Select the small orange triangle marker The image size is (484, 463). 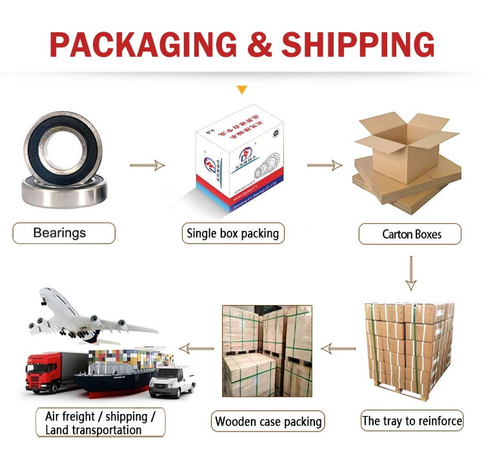coord(241,90)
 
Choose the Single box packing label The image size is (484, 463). coord(232,233)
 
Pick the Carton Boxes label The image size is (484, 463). coord(410,233)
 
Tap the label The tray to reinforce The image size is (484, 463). coord(412,421)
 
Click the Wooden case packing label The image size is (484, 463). coord(268,422)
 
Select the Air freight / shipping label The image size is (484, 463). coord(101,422)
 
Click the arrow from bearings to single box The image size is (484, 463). coord(147,166)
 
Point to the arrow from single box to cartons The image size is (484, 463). coord(324,166)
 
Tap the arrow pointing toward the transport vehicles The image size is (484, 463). coord(196,349)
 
